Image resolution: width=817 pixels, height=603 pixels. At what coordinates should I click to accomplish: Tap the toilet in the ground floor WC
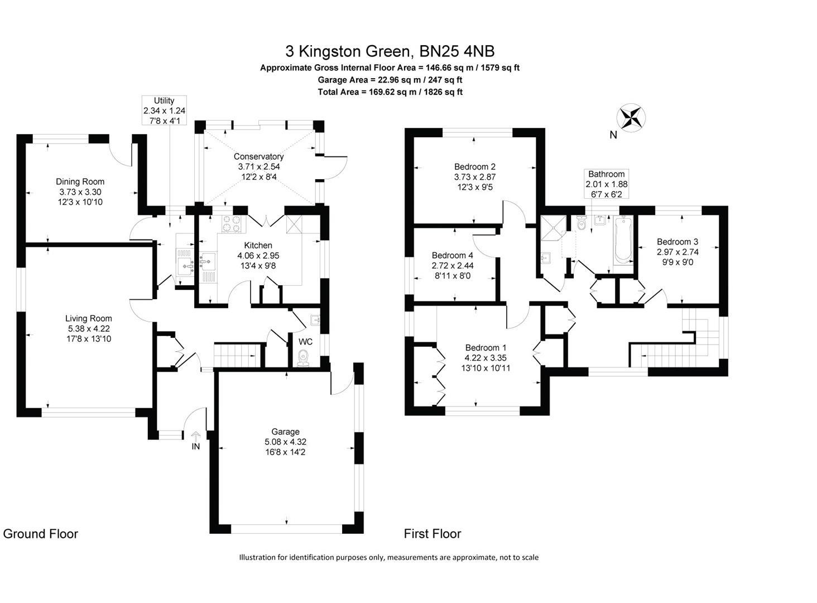click(x=303, y=357)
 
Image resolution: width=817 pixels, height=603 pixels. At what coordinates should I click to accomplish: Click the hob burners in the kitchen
click(x=233, y=223)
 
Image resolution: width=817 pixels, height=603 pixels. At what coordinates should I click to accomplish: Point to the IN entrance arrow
click(x=196, y=436)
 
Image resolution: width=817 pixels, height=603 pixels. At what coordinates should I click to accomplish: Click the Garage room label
click(x=285, y=432)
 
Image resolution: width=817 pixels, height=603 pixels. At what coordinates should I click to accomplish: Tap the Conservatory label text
click(x=258, y=156)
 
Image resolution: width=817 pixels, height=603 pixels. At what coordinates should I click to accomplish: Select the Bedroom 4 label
click(x=453, y=255)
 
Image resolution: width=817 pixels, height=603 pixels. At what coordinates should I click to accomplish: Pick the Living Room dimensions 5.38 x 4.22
click(x=88, y=329)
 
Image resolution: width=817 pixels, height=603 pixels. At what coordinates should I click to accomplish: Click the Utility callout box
click(x=164, y=111)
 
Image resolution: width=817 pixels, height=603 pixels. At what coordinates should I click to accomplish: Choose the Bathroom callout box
click(x=606, y=184)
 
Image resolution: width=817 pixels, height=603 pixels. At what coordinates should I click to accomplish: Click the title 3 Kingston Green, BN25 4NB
click(x=390, y=51)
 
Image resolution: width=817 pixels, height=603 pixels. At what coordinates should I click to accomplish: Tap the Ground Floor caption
click(x=41, y=534)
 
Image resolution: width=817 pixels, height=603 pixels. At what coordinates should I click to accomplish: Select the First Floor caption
click(x=432, y=534)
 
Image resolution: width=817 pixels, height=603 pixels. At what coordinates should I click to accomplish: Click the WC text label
click(x=305, y=342)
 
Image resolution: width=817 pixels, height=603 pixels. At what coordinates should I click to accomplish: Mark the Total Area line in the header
click(x=390, y=92)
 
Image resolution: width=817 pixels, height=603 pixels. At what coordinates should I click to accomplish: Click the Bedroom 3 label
click(x=677, y=242)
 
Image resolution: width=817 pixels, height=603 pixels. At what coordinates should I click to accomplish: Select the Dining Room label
click(x=80, y=181)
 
